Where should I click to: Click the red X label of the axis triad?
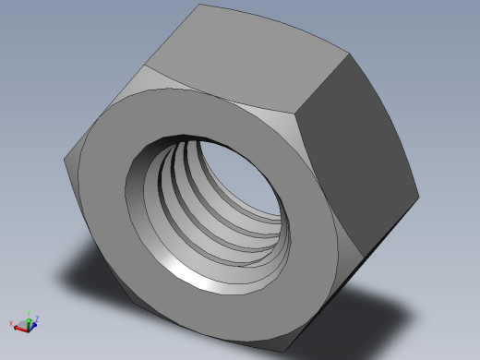pos(11,322)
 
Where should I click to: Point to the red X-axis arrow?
pos(19,325)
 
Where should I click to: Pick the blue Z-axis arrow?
pos(35,322)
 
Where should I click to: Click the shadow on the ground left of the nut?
pos(83,277)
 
